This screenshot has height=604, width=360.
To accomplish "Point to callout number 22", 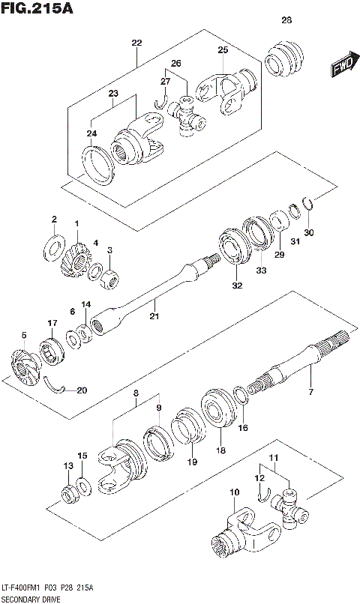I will click(136, 43).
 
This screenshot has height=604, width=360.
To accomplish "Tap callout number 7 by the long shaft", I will click(310, 391).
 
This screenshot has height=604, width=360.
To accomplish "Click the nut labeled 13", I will click(69, 495).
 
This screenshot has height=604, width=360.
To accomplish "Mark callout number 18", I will click(220, 450).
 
